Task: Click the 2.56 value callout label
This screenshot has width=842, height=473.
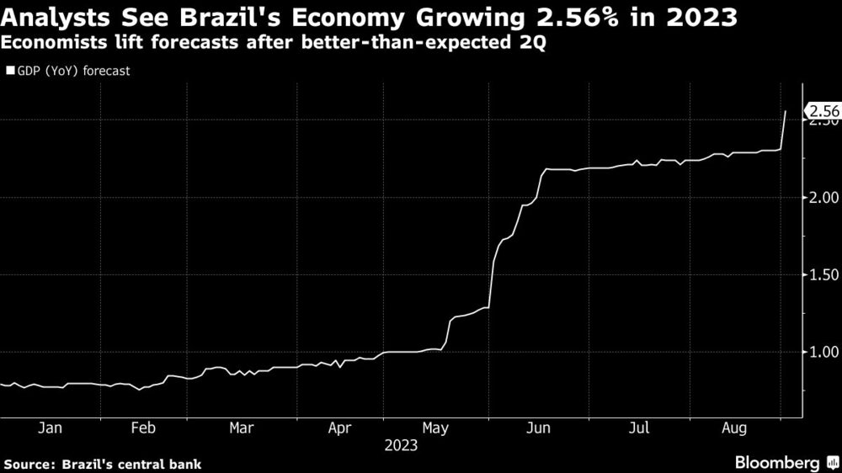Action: pos(823,111)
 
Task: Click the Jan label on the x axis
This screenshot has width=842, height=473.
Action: pos(50,428)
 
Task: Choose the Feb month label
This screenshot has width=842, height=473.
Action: pos(144,428)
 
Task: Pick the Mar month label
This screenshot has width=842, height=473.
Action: pos(242,428)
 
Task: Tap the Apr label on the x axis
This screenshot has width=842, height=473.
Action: pos(339,428)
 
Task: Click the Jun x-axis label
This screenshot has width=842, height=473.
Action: pos(539,428)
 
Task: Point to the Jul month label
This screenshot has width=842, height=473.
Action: pos(638,428)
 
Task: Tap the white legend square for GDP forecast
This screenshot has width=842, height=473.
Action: pos(9,71)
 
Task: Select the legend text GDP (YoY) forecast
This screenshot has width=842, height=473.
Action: pos(72,71)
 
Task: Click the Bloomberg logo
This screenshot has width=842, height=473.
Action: pos(779,463)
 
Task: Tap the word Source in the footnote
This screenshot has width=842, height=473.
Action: pos(27,464)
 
